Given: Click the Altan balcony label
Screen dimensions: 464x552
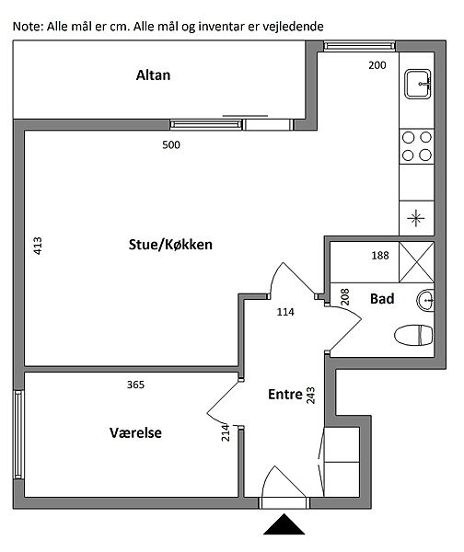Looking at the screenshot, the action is [x=153, y=75].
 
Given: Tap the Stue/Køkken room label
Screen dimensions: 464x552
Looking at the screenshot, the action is [x=170, y=245].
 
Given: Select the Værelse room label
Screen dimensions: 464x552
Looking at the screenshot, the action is [x=135, y=432].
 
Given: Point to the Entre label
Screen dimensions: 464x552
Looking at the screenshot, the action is [x=285, y=395].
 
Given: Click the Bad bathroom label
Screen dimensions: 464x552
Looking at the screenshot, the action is [x=382, y=299].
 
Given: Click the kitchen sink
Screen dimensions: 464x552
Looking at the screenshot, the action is [x=417, y=84].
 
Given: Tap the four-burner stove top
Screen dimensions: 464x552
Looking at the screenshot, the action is [x=417, y=146].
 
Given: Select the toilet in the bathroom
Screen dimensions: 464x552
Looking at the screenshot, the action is [x=413, y=335].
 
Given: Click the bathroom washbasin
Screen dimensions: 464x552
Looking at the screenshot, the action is [x=425, y=300].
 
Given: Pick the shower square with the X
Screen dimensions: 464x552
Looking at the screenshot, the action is [x=416, y=262].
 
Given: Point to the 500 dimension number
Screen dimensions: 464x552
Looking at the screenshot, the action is [x=171, y=144].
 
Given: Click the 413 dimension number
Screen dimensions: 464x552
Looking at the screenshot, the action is [x=38, y=246].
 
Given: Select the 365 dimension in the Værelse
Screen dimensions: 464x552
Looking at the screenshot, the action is [x=135, y=385].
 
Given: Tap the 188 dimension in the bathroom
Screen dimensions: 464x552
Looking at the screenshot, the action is [x=380, y=255].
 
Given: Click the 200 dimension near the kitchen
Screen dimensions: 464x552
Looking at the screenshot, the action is [x=377, y=65].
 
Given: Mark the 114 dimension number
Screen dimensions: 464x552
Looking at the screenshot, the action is [x=285, y=312].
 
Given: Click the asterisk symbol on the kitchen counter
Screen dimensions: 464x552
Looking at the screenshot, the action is [x=416, y=218].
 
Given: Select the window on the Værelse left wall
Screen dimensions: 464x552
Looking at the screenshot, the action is [x=18, y=434].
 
